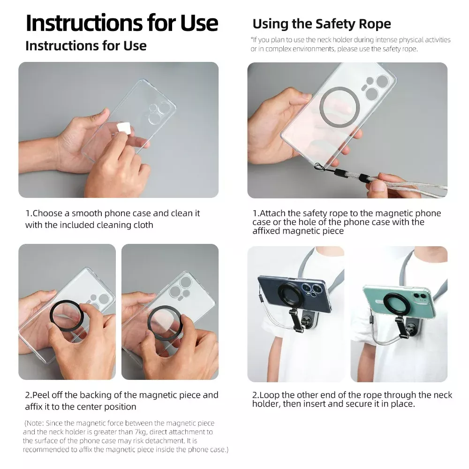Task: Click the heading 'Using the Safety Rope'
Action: click(322, 24)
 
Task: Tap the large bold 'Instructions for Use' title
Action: click(122, 23)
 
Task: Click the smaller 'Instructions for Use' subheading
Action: click(86, 46)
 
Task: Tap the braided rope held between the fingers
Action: click(413, 188)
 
